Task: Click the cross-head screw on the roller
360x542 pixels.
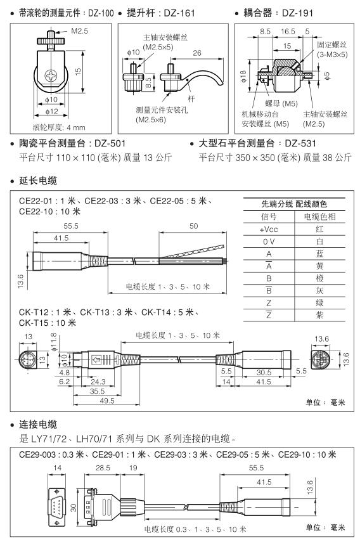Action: [51, 76]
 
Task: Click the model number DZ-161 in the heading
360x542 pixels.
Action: [179, 13]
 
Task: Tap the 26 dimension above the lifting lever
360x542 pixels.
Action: [197, 53]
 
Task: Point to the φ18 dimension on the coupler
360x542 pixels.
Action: [243, 76]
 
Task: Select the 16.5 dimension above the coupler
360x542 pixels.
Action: [288, 32]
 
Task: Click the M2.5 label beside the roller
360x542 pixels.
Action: [79, 31]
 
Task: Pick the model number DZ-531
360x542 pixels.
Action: [300, 143]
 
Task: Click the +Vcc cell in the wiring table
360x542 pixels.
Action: [269, 229]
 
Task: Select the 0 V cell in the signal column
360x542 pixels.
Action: [269, 242]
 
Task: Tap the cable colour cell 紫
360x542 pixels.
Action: [319, 315]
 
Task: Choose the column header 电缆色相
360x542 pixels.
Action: [319, 217]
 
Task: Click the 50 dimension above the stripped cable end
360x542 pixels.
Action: [193, 226]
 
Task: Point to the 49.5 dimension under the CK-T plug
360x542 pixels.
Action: [106, 401]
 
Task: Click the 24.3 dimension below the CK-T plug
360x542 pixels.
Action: [98, 382]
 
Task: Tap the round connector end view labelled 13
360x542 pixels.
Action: [28, 359]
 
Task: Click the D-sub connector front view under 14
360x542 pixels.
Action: [56, 506]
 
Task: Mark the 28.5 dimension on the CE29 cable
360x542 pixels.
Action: [103, 468]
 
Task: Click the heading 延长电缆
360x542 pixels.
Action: [38, 181]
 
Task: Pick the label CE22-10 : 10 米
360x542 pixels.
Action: [49, 211]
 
